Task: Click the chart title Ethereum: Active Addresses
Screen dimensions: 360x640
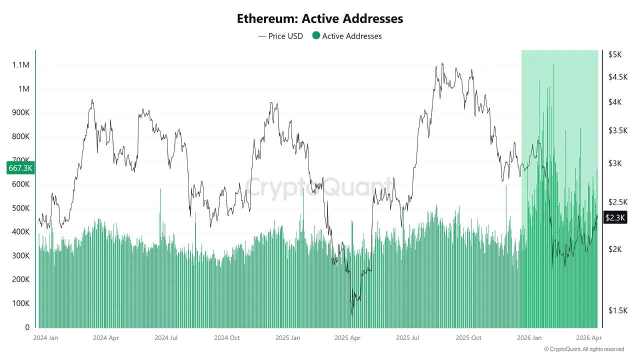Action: (320, 18)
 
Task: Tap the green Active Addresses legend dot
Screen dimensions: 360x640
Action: (316, 36)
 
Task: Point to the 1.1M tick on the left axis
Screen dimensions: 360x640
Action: (20, 65)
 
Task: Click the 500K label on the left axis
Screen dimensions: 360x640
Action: (20, 208)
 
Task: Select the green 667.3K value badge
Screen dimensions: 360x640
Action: (20, 168)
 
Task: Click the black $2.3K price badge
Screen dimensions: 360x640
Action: (615, 217)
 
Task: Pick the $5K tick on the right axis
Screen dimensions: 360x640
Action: (614, 55)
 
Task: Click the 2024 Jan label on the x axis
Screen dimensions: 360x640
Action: (45, 338)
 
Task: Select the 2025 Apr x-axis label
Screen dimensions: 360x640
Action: (348, 338)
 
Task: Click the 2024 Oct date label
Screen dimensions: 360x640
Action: (227, 338)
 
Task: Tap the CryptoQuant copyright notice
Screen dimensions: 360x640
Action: (583, 349)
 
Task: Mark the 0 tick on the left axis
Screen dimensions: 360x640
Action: (27, 327)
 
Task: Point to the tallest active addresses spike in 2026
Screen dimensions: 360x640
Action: (553, 65)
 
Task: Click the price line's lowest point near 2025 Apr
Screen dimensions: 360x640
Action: (352, 314)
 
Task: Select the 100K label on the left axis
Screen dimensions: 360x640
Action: (20, 303)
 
